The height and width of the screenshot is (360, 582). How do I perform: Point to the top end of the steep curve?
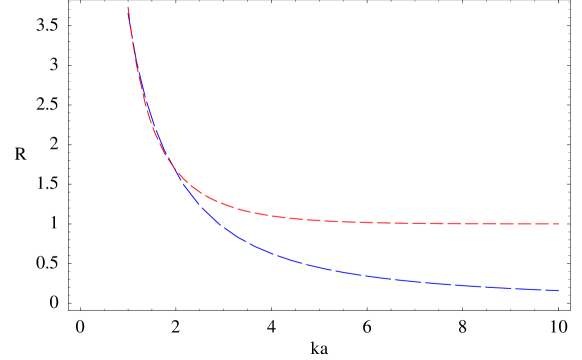point(128,7)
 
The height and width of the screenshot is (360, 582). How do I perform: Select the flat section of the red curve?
point(420,222)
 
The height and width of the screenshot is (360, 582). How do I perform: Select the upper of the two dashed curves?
point(350,221)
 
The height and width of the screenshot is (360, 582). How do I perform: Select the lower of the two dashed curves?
point(350,272)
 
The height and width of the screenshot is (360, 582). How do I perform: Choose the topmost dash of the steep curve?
point(129,13)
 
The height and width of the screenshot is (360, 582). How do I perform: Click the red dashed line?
point(300,219)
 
